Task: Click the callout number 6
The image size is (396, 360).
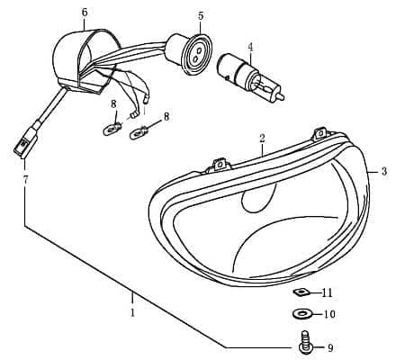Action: click(85, 13)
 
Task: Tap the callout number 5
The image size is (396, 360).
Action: click(201, 16)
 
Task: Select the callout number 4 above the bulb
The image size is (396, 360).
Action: click(250, 47)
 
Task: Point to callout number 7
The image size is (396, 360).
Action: click(25, 181)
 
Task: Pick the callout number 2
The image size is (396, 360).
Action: click(263, 139)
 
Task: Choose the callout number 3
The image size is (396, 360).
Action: click(384, 172)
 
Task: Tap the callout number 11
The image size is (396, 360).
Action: click(327, 292)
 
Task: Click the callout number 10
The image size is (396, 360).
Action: click(328, 314)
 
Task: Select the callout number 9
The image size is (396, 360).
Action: click(330, 348)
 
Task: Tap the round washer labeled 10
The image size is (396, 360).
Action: click(301, 314)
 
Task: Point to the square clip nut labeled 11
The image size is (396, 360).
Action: click(301, 292)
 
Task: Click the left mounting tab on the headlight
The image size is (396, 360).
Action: click(220, 165)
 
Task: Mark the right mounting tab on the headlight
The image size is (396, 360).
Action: click(320, 133)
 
